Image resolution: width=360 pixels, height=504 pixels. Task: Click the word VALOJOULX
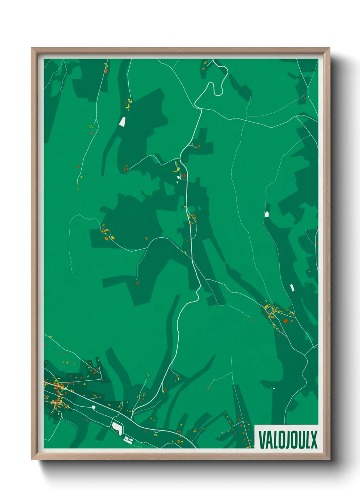click(x=288, y=440)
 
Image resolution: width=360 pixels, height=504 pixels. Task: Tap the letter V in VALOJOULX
click(x=262, y=440)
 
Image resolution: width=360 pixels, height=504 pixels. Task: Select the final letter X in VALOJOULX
click(x=314, y=440)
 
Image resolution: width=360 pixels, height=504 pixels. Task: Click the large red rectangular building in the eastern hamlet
click(x=285, y=321)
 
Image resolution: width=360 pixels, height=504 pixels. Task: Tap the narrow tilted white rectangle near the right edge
click(x=292, y=287)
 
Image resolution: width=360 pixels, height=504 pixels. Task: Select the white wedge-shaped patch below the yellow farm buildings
click(x=122, y=122)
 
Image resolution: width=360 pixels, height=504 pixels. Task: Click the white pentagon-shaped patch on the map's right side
click(x=267, y=214)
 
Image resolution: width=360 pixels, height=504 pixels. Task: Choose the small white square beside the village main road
click(x=93, y=407)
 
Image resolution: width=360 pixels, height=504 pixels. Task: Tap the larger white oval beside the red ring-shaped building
click(x=179, y=177)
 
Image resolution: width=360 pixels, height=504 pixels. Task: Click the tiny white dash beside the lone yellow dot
click(x=274, y=388)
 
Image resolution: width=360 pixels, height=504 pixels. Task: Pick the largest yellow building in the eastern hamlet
click(x=266, y=307)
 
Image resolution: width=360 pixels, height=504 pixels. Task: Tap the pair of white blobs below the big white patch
click(x=128, y=439)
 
